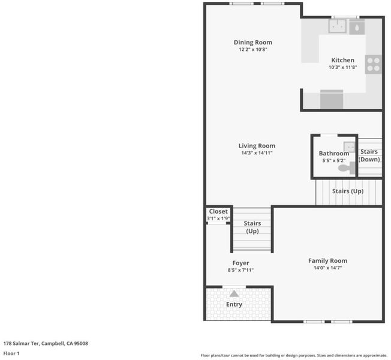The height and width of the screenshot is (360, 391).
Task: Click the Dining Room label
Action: pyautogui.click(x=253, y=43)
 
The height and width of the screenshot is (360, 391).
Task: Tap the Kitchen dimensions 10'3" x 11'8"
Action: pyautogui.click(x=342, y=67)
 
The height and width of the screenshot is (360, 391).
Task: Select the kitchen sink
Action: pyautogui.click(x=338, y=26)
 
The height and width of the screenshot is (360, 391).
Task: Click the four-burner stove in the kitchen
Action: pyautogui.click(x=373, y=64)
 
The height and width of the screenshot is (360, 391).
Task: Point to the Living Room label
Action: pyautogui.click(x=257, y=146)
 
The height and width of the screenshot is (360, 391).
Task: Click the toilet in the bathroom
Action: pyautogui.click(x=347, y=168)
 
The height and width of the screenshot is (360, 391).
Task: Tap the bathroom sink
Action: pyautogui.click(x=350, y=147)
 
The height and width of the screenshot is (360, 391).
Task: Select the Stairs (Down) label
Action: pyautogui.click(x=369, y=155)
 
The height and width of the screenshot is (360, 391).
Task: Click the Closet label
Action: pyautogui.click(x=218, y=212)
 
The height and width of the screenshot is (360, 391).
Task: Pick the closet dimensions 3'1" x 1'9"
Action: pyautogui.click(x=218, y=218)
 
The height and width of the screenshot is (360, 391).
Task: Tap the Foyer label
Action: pyautogui.click(x=240, y=263)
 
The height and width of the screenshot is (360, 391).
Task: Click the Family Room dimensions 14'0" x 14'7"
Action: pyautogui.click(x=327, y=268)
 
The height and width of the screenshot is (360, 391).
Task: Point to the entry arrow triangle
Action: pyautogui.click(x=234, y=293)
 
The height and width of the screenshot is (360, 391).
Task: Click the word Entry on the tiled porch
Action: pyautogui.click(x=234, y=304)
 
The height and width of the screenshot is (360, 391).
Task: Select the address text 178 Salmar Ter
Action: pyautogui.click(x=21, y=344)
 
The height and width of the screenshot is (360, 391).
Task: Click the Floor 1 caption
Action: pyautogui.click(x=11, y=353)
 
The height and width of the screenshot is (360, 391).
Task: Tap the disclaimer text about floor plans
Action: pyautogui.click(x=294, y=355)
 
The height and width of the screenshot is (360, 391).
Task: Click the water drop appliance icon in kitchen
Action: pyautogui.click(x=357, y=28)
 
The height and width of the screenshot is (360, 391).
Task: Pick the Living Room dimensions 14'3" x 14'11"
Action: pyautogui.click(x=257, y=152)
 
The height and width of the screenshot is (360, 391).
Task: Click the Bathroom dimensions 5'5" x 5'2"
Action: pyautogui.click(x=334, y=160)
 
